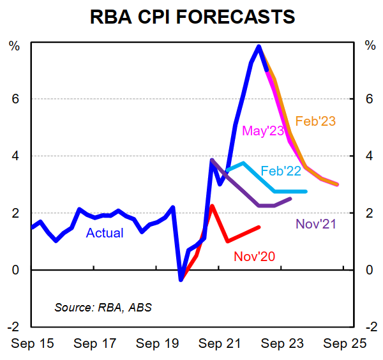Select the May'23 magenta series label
tap(263, 131)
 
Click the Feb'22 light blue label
tap(282, 170)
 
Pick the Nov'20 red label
tap(254, 256)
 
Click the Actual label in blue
tap(105, 233)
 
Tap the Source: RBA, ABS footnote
tap(103, 307)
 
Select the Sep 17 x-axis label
tap(94, 343)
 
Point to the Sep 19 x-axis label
tap(156, 343)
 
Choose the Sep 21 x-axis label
tap(218, 343)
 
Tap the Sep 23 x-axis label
tap(281, 343)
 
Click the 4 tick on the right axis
tap(370, 156)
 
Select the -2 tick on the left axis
tap(12, 326)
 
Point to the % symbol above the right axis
tap(370, 45)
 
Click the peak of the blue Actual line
tap(259, 46)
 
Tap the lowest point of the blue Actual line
tap(181, 279)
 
